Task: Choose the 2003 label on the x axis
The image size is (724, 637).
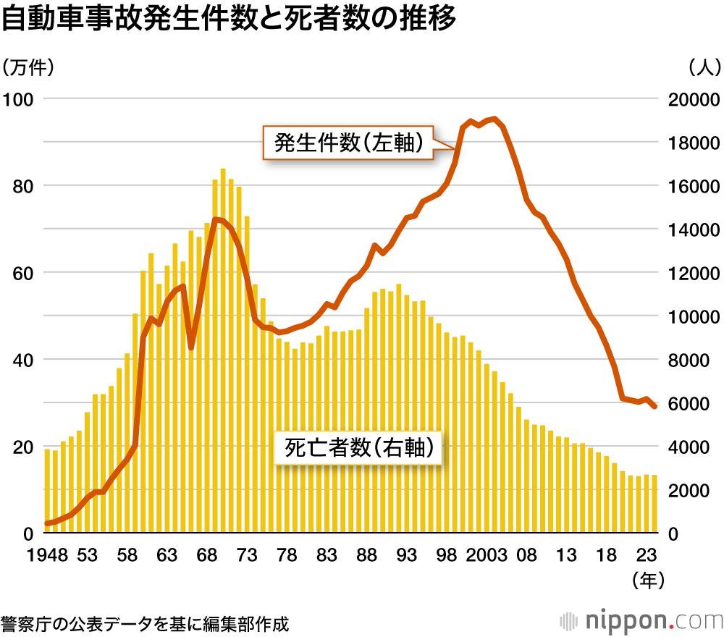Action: point(487,555)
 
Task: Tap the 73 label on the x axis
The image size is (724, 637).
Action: point(247,555)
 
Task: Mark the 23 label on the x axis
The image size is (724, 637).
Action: point(647,555)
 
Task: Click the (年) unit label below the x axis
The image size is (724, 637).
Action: point(647,579)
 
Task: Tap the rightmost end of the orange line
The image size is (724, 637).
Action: point(654,407)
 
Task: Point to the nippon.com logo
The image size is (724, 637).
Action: point(641,621)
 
